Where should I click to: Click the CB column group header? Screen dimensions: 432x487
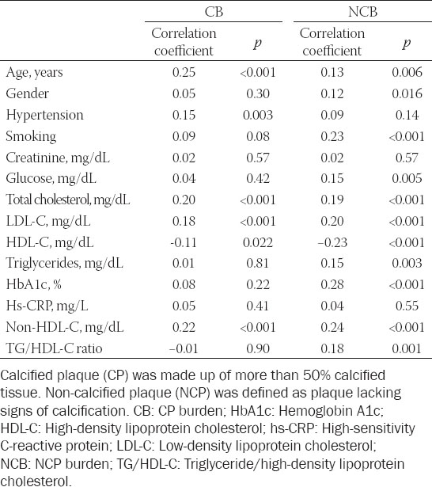coord(214,12)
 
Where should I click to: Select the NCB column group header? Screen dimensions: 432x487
coord(362,12)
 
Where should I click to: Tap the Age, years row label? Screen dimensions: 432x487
coord(34,73)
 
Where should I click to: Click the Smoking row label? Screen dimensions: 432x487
coord(31,136)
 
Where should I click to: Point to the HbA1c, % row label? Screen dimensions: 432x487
coord(33,284)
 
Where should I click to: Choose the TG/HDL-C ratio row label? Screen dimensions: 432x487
coord(54,348)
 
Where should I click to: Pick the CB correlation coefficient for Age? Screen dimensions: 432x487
coord(184,72)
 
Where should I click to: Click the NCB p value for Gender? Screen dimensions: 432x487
coord(407,93)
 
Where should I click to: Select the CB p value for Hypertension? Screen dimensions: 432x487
coord(258,115)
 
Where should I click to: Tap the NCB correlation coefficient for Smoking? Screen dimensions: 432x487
coord(332,136)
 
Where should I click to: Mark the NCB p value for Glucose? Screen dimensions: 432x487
coord(407,178)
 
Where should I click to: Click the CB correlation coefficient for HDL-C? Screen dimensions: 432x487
coord(184,242)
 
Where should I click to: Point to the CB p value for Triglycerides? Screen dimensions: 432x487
coord(258,264)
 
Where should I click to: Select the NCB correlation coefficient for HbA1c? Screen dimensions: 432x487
coord(332,284)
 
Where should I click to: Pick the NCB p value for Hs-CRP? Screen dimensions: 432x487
coord(407,306)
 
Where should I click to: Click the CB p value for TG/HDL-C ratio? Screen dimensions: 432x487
coord(258,348)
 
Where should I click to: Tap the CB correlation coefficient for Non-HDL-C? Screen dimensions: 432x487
coord(184,327)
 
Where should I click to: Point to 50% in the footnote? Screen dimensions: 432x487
coord(316,375)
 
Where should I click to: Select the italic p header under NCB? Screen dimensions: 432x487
coord(406,44)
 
